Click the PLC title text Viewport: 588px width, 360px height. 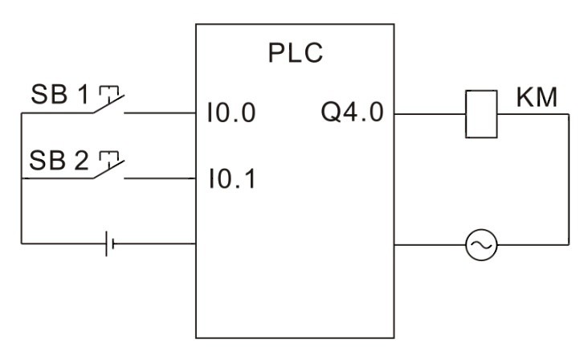pyautogui.click(x=296, y=53)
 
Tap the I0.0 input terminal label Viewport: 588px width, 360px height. pyautogui.click(x=231, y=112)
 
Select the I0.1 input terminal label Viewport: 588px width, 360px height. pyautogui.click(x=232, y=178)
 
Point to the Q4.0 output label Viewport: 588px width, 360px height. pyautogui.click(x=352, y=112)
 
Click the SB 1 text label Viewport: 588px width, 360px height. pyautogui.click(x=59, y=94)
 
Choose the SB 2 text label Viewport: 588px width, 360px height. pyautogui.click(x=59, y=161)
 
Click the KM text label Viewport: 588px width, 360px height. pyautogui.click(x=537, y=97)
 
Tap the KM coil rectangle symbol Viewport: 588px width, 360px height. pyautogui.click(x=481, y=114)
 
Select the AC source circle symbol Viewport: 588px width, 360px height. pyautogui.click(x=481, y=245)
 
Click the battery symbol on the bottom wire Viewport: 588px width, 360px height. pyautogui.click(x=110, y=243)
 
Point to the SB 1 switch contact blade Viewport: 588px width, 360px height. pyautogui.click(x=108, y=104)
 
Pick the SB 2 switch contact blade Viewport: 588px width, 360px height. pyautogui.click(x=108, y=170)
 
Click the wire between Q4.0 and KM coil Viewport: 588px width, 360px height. pyautogui.click(x=430, y=114)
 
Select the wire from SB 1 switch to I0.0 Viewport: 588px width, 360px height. pyautogui.click(x=160, y=112)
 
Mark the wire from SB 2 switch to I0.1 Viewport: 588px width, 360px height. pyautogui.click(x=160, y=178)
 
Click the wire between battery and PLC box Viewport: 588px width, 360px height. pyautogui.click(x=154, y=243)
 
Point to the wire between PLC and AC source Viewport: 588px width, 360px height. pyautogui.click(x=430, y=245)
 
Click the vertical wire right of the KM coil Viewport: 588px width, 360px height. pyautogui.click(x=569, y=180)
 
